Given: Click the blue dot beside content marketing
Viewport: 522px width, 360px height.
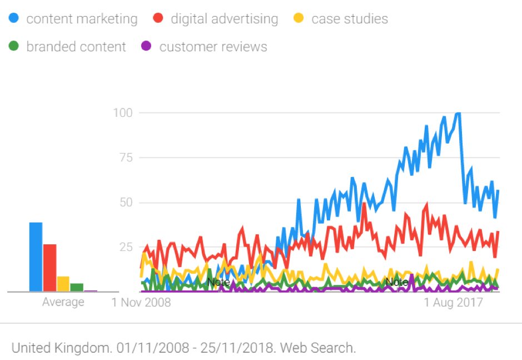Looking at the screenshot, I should [x=14, y=18].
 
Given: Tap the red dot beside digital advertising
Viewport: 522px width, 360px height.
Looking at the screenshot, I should [x=158, y=18].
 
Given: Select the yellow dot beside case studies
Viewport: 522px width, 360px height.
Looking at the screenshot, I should [x=299, y=18].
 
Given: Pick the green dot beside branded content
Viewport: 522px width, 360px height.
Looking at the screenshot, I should [x=14, y=47].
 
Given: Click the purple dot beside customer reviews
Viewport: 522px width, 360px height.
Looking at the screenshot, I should [x=147, y=47].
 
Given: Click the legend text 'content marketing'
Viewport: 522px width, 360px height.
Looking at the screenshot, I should [x=82, y=19].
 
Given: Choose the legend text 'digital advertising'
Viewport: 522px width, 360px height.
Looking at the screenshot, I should [x=224, y=19].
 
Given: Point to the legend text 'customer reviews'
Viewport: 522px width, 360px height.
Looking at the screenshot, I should [x=213, y=47].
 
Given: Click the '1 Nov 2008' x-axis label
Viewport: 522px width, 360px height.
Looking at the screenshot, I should [x=141, y=303].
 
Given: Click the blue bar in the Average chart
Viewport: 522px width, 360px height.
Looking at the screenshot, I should [x=36, y=257].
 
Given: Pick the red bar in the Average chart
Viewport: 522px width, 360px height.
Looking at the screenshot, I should [x=49, y=268].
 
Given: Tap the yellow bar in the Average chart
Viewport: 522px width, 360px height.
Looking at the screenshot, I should [x=63, y=284].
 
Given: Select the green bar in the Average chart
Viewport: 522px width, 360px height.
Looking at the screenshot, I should [x=77, y=287].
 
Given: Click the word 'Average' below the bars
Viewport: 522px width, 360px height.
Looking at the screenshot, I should [x=63, y=302].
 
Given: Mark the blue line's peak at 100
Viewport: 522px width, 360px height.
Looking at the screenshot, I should [x=458, y=114].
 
